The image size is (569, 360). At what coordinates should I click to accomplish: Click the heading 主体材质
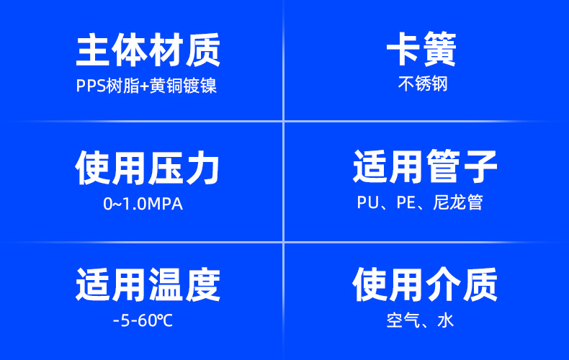[148, 50]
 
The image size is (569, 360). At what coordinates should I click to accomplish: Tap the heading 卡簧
[421, 49]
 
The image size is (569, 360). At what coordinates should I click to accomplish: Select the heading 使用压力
[148, 168]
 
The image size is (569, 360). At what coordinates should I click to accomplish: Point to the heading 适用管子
[425, 166]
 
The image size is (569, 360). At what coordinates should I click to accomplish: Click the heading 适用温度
[148, 284]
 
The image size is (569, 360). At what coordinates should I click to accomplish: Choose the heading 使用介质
[425, 284]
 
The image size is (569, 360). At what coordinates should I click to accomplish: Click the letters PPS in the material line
[91, 86]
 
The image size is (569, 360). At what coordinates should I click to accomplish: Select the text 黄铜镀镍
[183, 86]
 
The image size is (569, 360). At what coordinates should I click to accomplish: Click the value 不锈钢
[423, 84]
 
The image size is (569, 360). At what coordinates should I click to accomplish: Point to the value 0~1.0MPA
[143, 204]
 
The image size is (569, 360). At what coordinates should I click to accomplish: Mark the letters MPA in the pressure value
[165, 204]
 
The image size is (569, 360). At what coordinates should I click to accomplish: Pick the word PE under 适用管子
[406, 202]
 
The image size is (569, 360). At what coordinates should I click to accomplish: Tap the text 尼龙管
[458, 202]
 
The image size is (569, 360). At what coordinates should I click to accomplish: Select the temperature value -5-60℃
[143, 321]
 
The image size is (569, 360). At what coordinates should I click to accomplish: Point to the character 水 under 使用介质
[446, 320]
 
